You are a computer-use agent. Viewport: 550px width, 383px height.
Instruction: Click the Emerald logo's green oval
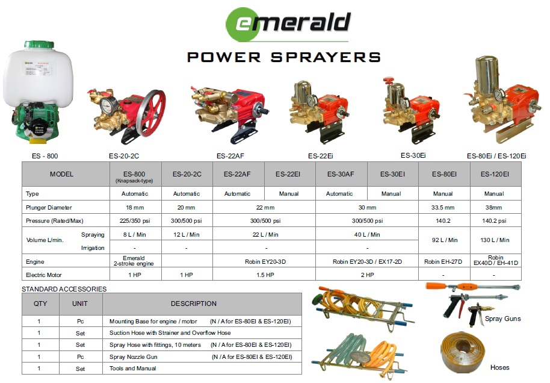pyautogui.click(x=244, y=24)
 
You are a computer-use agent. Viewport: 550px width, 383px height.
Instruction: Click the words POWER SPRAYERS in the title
pyautogui.click(x=283, y=57)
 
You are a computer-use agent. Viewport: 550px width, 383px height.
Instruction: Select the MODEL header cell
pyautogui.click(x=62, y=174)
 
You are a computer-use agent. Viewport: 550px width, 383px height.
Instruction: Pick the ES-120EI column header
pyautogui.click(x=494, y=174)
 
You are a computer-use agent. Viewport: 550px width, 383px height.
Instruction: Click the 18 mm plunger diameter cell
pyautogui.click(x=135, y=207)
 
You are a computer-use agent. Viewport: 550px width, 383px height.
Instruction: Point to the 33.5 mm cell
pyautogui.click(x=443, y=207)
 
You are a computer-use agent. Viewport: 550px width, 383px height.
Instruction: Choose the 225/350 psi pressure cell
pyautogui.click(x=135, y=220)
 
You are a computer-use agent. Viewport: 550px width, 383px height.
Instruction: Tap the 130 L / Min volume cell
pyautogui.click(x=494, y=240)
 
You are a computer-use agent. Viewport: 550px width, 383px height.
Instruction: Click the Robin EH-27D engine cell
pyautogui.click(x=443, y=262)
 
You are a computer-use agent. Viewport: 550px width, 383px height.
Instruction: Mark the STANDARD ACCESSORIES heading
pyautogui.click(x=64, y=289)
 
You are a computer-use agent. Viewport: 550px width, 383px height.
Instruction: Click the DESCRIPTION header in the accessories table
pyautogui.click(x=194, y=304)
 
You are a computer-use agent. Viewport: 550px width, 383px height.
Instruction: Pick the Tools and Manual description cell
pyautogui.click(x=133, y=368)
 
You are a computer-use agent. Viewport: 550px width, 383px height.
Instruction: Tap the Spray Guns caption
pyautogui.click(x=502, y=319)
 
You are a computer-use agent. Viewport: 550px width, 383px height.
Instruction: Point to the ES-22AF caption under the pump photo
pyautogui.click(x=230, y=156)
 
